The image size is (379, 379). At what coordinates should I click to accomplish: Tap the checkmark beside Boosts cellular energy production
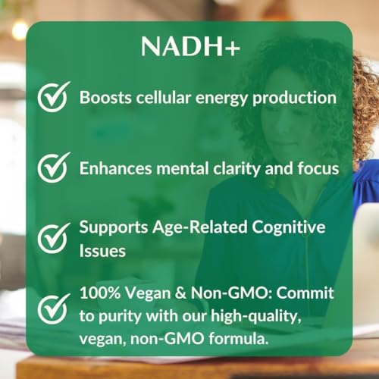pyautogui.click(x=53, y=98)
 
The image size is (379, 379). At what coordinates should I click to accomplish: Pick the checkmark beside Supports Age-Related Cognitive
pyautogui.click(x=53, y=236)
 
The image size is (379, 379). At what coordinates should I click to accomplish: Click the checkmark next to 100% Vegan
pyautogui.click(x=53, y=307)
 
